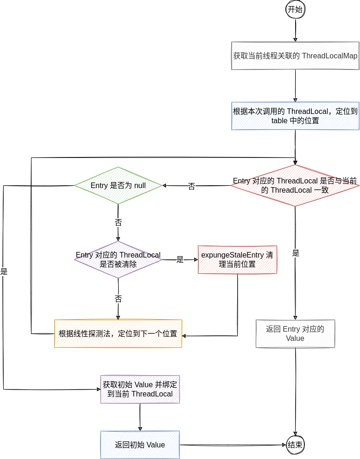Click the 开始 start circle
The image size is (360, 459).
click(295, 9)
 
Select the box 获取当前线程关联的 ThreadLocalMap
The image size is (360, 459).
click(295, 56)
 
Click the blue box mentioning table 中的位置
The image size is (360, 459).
click(295, 116)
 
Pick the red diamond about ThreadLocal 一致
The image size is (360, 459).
click(295, 186)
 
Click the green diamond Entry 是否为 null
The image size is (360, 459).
click(118, 186)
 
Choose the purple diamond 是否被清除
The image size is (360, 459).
click(118, 259)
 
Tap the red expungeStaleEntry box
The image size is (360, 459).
click(237, 259)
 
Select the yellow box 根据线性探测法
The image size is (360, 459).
click(118, 333)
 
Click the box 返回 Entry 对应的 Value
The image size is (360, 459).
click(295, 333)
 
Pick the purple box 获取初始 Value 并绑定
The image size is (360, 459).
click(140, 389)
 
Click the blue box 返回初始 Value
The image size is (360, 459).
click(140, 445)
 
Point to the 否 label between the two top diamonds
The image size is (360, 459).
click(191, 186)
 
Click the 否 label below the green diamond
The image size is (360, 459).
click(118, 222)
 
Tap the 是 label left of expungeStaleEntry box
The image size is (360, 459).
click(180, 260)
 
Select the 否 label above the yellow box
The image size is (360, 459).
click(118, 298)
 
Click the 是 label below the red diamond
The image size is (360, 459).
click(296, 253)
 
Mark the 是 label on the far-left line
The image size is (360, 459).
click(4, 272)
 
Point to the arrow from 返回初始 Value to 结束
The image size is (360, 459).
click(232, 445)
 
